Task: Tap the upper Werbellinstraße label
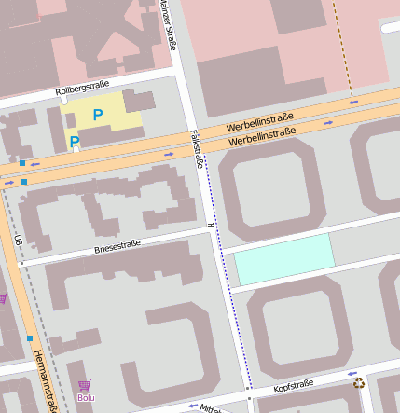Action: point(259,122)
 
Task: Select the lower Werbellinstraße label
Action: point(262,137)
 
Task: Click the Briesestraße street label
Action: point(117,247)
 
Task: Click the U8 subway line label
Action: point(18,241)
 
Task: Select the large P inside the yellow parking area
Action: point(97,115)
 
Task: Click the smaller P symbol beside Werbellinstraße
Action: point(75,142)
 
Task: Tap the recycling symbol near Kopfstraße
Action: point(359,382)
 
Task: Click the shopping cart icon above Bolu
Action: point(85,385)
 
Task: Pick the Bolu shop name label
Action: point(86,398)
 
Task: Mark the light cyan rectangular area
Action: point(283,259)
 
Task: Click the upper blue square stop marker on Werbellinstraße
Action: point(22,163)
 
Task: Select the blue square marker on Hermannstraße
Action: point(30,337)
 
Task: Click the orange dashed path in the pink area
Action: point(341,47)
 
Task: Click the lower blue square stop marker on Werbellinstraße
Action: point(24,181)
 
